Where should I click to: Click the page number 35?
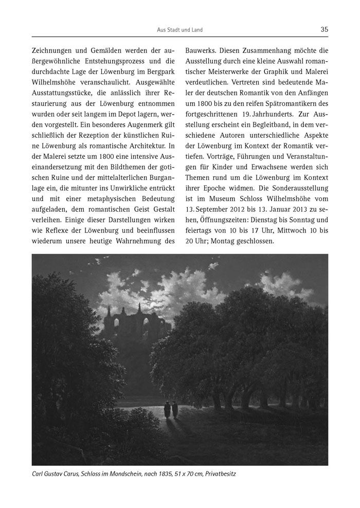click(324, 30)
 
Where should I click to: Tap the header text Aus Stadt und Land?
click(179, 30)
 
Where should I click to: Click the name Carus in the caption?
click(77, 475)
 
